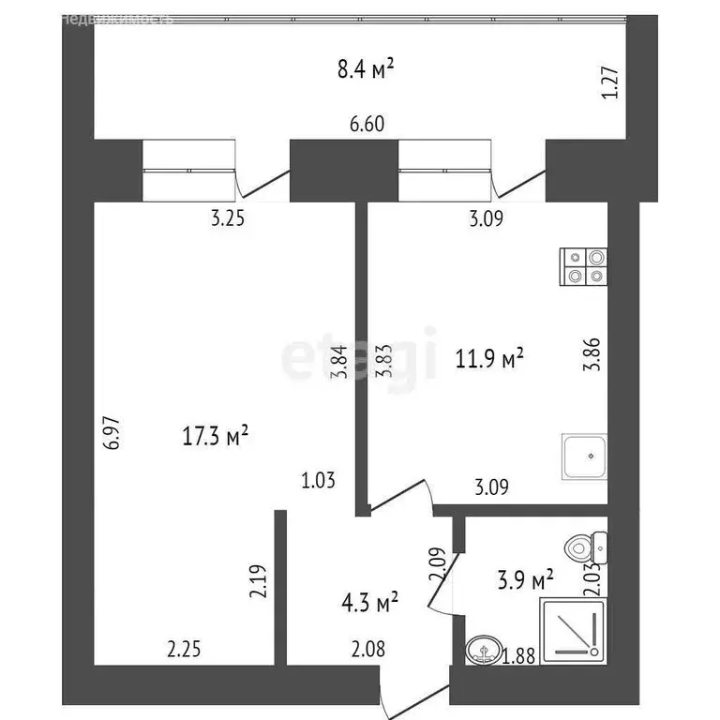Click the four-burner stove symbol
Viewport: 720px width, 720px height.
tap(583, 267)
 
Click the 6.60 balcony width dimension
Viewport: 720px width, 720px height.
tap(367, 124)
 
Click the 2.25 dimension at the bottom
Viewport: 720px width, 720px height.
tap(184, 647)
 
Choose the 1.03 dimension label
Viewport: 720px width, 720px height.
tap(318, 481)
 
